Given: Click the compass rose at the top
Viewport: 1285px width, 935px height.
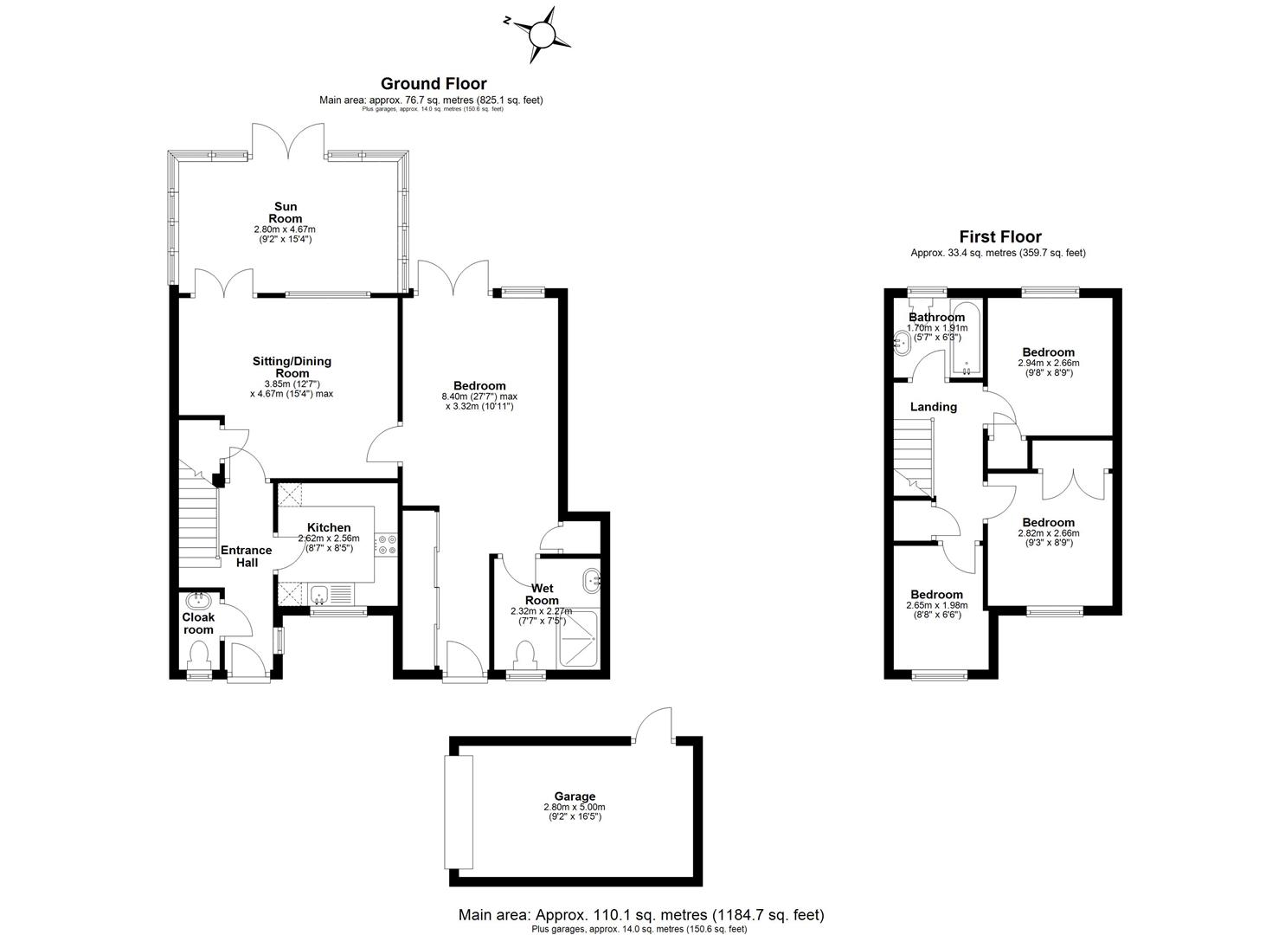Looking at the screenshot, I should coord(541,34).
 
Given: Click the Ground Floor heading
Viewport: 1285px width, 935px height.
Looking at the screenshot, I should coord(434,83).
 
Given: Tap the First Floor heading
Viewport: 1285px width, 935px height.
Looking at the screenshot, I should coord(999,236).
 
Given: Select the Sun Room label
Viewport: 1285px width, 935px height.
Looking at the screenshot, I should coord(286,212).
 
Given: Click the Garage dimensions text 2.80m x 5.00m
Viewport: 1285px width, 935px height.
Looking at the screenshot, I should coord(575,807).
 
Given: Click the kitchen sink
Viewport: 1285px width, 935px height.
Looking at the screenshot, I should coord(319,594).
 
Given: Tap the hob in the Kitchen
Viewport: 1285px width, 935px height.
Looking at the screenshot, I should coord(386,544).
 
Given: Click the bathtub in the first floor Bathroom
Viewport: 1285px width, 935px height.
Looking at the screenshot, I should coord(966,340).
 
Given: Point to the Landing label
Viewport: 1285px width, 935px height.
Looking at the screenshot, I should coord(933,407).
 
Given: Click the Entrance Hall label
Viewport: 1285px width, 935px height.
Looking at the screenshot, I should coord(246,556).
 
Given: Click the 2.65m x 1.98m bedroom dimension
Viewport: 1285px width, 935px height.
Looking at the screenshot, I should coord(936,605).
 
